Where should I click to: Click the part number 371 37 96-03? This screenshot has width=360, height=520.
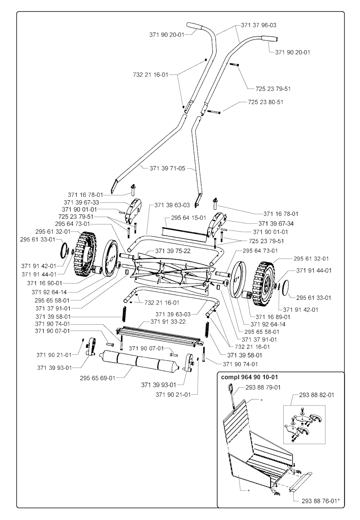258,25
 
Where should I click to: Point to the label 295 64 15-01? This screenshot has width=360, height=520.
188,218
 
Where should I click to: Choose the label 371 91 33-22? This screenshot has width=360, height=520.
168,321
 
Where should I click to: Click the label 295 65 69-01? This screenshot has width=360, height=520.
97,378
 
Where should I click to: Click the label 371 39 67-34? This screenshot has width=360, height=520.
276,223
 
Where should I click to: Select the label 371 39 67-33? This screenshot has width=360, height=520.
82,202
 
